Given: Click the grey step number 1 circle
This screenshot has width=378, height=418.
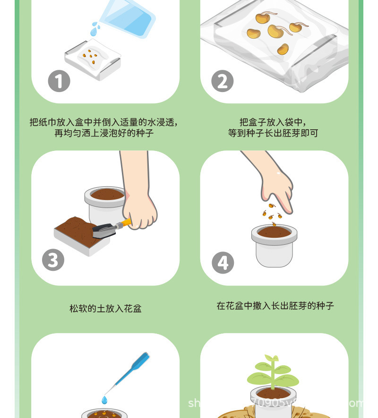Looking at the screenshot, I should (59, 81).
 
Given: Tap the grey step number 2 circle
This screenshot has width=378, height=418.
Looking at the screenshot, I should (222, 81).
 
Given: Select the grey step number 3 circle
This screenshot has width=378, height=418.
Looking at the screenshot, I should (53, 260).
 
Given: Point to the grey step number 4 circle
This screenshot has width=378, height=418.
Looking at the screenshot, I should (223, 262).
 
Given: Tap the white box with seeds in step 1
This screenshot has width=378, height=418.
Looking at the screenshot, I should (93, 60).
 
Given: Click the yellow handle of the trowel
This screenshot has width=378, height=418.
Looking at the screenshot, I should (125, 222).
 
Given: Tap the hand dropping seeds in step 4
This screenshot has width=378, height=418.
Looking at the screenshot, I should (274, 184).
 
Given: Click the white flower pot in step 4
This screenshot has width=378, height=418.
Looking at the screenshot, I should (274, 245).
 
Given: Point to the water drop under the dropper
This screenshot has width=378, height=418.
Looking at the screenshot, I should (104, 400).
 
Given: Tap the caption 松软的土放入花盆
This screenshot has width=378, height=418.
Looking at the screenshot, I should (105, 309).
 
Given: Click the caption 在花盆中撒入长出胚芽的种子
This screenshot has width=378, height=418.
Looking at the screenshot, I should (275, 306).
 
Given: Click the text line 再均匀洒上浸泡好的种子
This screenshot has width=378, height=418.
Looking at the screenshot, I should (104, 133).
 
